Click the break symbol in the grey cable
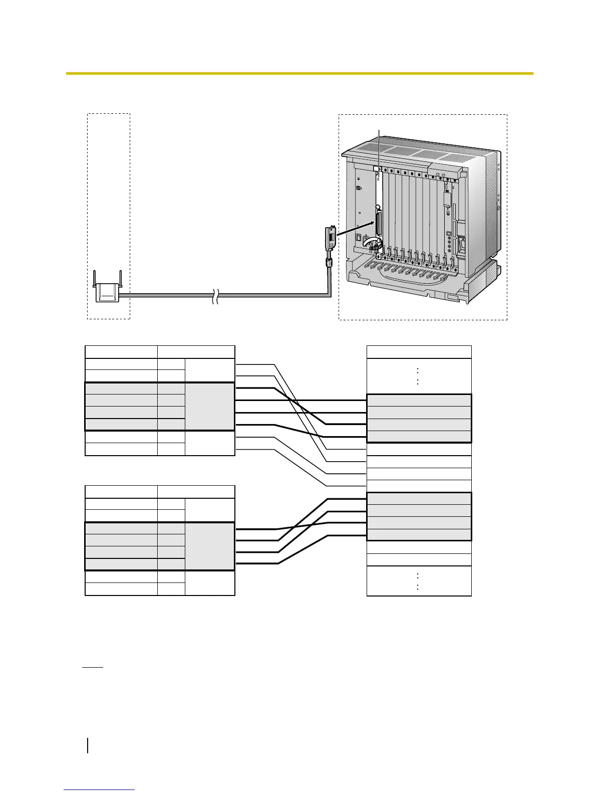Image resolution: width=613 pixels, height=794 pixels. [x=215, y=296]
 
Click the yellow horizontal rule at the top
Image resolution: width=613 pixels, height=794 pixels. [x=299, y=74]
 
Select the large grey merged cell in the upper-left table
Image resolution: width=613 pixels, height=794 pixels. [x=210, y=407]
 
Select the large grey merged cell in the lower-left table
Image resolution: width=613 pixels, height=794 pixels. [x=210, y=546]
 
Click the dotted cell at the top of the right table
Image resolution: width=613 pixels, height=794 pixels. [x=419, y=376]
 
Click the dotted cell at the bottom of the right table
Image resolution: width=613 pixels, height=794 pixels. [x=419, y=581]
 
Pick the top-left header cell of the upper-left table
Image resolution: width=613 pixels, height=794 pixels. [x=121, y=352]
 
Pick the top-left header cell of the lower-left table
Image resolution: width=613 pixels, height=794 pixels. [x=121, y=492]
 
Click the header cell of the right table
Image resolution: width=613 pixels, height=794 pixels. [x=419, y=352]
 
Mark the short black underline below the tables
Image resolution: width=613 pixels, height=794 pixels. [x=93, y=668]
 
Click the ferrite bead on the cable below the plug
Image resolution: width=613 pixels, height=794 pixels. [x=330, y=262]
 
